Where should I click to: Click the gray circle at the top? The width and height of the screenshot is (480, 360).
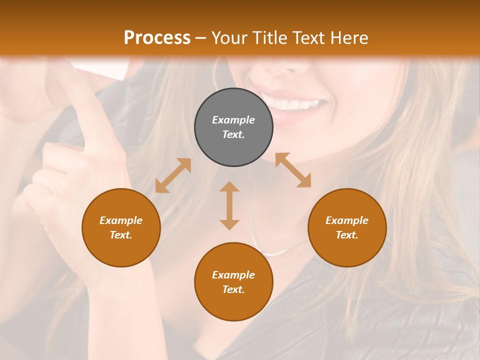point(233,127)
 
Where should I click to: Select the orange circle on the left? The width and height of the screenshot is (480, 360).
point(121,227)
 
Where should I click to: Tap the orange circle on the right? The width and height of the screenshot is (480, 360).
point(347,227)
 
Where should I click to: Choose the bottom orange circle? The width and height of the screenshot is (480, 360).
point(233,281)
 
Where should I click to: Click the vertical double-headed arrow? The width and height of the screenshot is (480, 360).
point(229,205)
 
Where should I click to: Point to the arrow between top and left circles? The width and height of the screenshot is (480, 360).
point(173,175)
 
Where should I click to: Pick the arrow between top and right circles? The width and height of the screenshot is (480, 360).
point(293,170)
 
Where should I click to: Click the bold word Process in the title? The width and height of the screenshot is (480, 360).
point(157,38)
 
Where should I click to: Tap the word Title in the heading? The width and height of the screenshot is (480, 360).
point(271,38)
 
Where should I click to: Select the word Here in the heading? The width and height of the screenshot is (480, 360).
point(350,38)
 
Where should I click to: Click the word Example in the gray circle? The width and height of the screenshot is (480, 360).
point(233,120)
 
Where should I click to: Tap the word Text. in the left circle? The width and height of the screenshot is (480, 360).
point(121,235)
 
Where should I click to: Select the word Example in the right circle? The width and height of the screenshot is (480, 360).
point(347,220)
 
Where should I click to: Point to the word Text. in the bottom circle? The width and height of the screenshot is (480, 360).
point(233,289)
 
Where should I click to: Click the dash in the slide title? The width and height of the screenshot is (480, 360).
point(201,38)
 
